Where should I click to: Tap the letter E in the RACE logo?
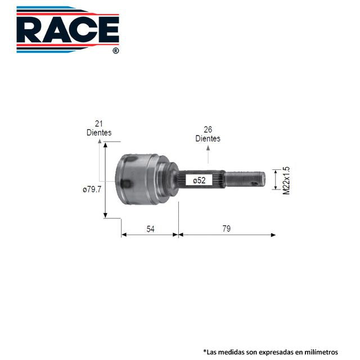click(x=109, y=30)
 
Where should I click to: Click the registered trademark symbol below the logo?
click(x=116, y=51)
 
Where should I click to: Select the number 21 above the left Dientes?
click(x=99, y=124)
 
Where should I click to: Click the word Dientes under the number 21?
click(x=99, y=133)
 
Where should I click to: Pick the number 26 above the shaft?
click(x=208, y=130)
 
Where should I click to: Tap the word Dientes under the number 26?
click(x=208, y=138)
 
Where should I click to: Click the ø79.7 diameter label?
click(x=92, y=190)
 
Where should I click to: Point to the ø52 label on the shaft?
click(x=199, y=181)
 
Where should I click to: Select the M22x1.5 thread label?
click(x=286, y=181)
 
